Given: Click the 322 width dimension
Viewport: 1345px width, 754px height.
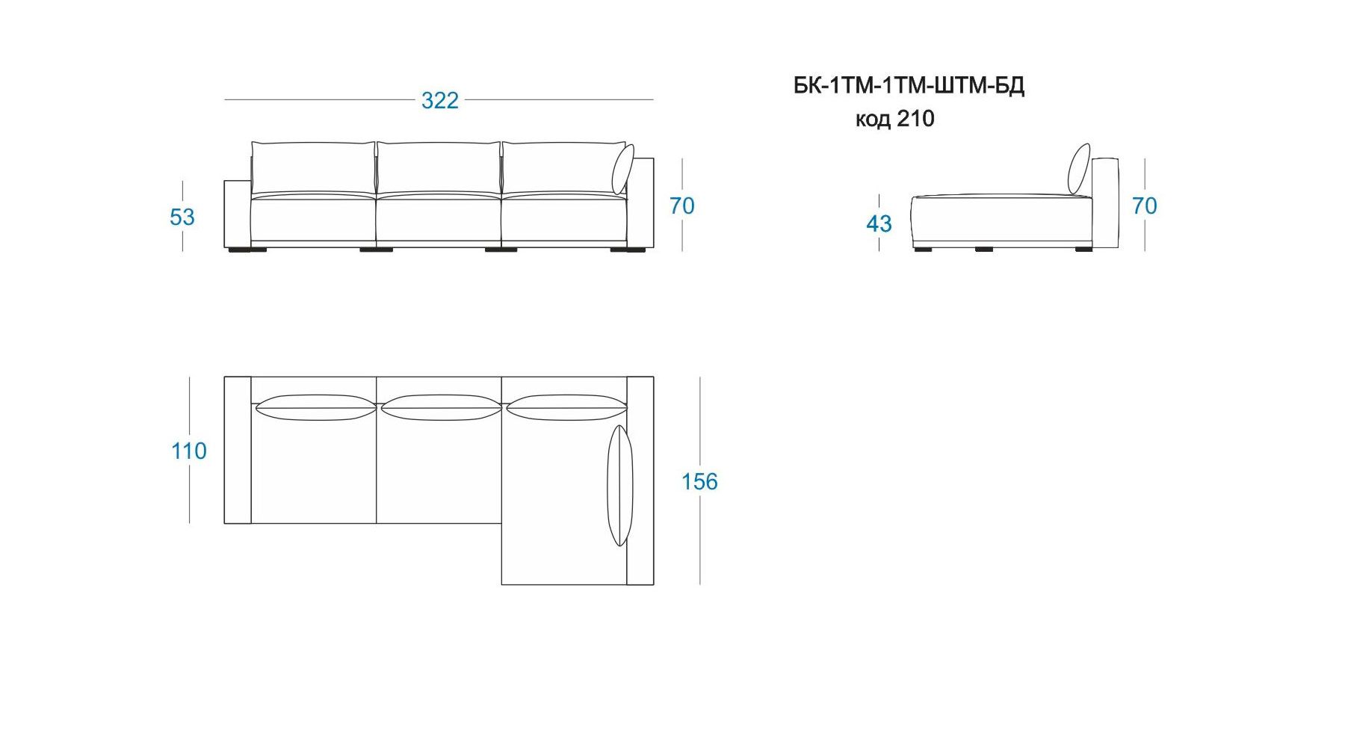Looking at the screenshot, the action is (439, 100).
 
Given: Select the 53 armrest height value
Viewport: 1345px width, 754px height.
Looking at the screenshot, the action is (182, 217).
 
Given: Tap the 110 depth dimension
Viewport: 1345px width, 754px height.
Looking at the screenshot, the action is (188, 451).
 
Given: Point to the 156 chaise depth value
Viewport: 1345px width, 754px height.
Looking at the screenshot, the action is (699, 481).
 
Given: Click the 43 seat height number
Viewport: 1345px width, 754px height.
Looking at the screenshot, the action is (879, 223).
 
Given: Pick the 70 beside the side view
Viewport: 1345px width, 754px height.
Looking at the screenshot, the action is (1144, 206).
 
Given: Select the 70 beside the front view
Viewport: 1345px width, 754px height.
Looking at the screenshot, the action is (681, 206).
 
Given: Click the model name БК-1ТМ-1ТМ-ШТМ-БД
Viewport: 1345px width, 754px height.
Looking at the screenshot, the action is (909, 86).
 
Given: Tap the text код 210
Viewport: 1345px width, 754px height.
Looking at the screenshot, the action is (894, 119).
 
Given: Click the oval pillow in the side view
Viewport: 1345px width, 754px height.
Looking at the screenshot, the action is (1079, 169).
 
